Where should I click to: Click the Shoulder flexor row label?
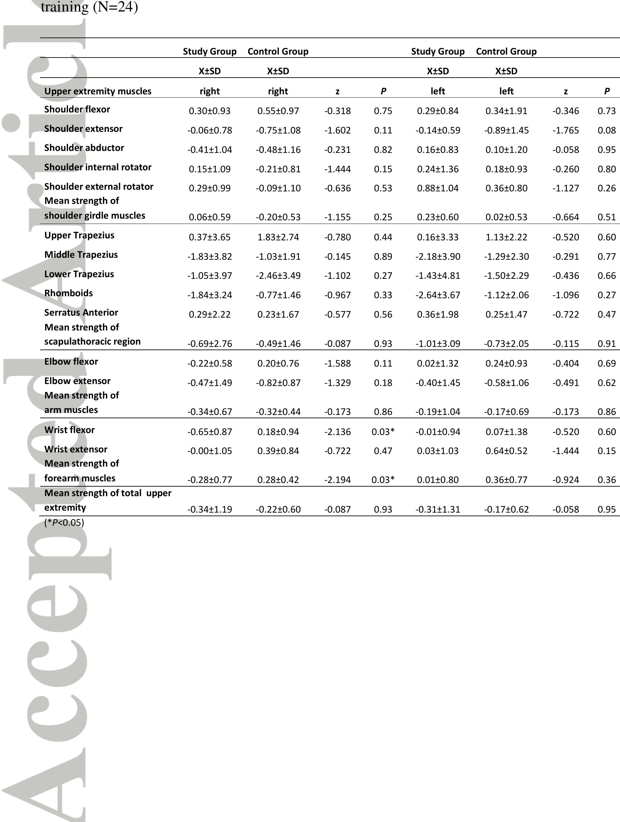coord(77,109)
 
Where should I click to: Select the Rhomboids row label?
coord(68,293)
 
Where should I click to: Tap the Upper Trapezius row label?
coord(79,235)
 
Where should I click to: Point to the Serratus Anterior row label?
coord(81,312)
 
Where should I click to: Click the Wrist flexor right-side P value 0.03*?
coord(383,432)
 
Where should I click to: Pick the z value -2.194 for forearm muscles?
coord(337,480)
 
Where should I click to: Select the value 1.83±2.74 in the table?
coord(278,237)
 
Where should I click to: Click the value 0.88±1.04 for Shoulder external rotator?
coord(437,188)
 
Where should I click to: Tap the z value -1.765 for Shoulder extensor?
coord(565,131)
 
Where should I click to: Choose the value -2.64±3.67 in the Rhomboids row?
coord(437,295)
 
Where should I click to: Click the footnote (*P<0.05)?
coord(64,523)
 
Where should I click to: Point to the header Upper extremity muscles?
coord(98,91)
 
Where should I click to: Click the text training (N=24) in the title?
coord(89,7)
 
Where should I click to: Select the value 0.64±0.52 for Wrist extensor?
coord(506,451)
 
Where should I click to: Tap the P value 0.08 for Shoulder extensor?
coord(607,131)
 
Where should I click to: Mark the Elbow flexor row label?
coord(71,362)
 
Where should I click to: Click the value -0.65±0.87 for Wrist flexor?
coord(210,432)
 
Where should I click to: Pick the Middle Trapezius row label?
coord(81,254)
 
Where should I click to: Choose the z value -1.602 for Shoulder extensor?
coord(337,131)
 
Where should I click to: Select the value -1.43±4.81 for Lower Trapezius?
coord(437,276)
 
